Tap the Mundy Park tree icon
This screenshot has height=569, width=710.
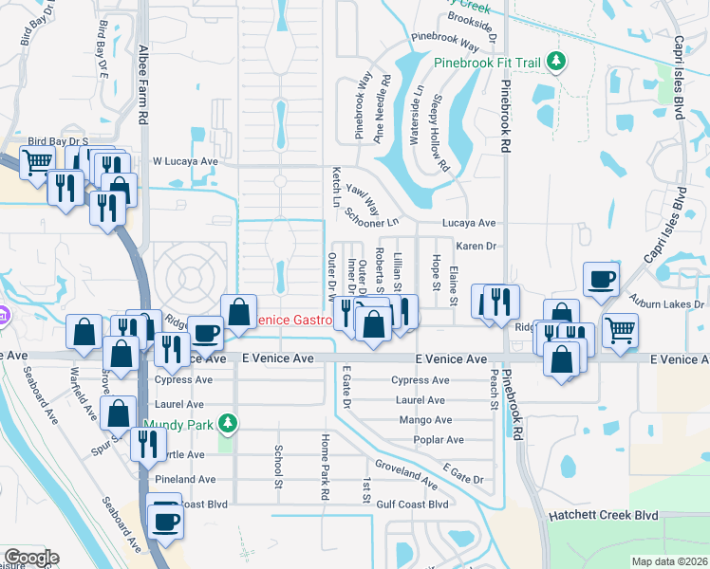[x=226, y=422]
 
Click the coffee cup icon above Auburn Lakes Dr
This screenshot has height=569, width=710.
[x=601, y=279]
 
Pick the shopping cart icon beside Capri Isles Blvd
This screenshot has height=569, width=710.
[x=620, y=330]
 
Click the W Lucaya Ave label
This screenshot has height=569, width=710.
[x=186, y=161]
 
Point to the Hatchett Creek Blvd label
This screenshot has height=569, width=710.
[x=605, y=515]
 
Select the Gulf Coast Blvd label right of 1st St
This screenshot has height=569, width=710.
[x=411, y=505]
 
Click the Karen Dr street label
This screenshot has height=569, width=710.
[x=476, y=246]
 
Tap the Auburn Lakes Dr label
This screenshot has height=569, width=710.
[x=672, y=304]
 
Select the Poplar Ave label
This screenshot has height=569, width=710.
[x=439, y=440]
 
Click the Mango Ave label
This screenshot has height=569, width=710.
[x=426, y=419]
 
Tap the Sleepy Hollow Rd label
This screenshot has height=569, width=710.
[x=441, y=133]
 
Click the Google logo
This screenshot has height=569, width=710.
[x=31, y=558]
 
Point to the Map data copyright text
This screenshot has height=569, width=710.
[x=668, y=561]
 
